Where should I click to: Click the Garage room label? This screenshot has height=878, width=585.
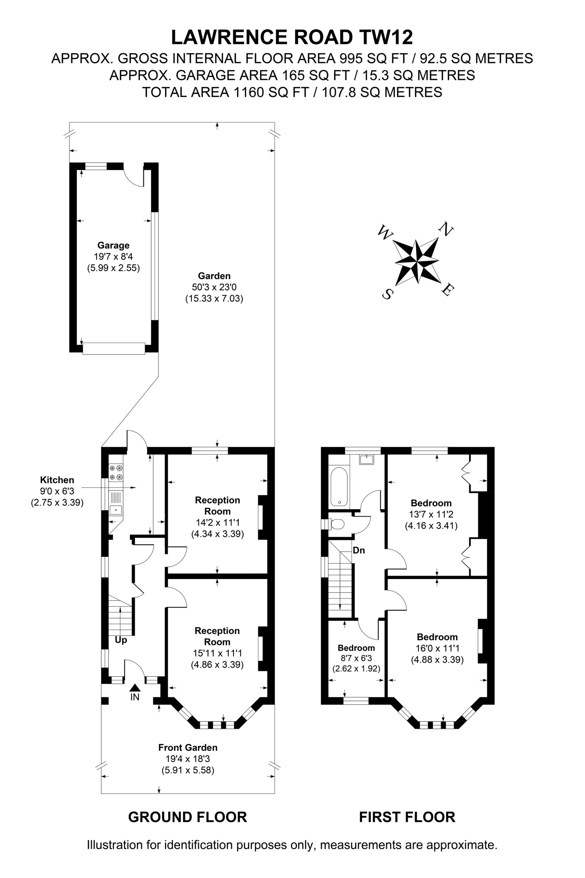[x=114, y=245]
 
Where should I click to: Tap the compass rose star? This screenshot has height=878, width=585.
[x=416, y=262]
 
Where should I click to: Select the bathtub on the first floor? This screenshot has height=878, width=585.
[x=339, y=487]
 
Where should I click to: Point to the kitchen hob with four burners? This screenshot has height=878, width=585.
[x=116, y=472]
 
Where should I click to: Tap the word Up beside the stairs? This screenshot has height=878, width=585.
[x=121, y=640]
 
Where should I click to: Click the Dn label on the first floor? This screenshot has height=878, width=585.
[x=359, y=550]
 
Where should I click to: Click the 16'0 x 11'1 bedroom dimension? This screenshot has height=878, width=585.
[x=437, y=648]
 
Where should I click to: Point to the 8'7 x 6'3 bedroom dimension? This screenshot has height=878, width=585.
[x=356, y=658]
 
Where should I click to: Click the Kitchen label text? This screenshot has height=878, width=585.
[x=57, y=480]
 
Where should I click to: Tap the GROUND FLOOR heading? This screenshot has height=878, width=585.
[x=187, y=817]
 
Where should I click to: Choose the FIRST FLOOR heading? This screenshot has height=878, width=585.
[x=407, y=817]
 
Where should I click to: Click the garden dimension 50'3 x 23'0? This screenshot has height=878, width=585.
[x=214, y=287]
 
